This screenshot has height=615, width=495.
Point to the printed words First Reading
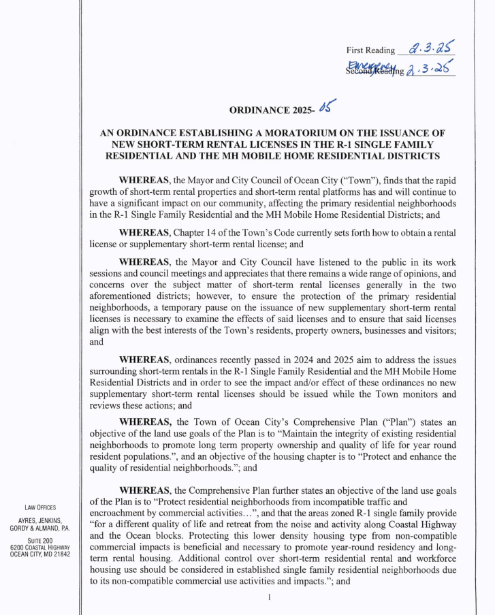[370, 50]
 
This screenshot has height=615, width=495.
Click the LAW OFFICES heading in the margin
[40, 507]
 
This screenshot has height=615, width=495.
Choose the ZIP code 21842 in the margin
[59, 554]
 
